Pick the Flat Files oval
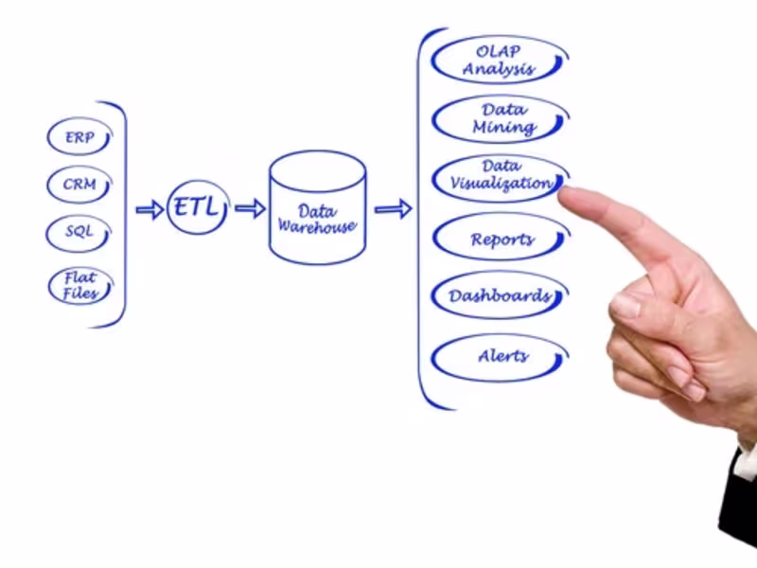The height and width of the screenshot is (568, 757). pyautogui.click(x=79, y=285)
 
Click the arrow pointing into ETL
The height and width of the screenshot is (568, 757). pyautogui.click(x=150, y=209)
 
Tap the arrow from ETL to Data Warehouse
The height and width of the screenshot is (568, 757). pyautogui.click(x=250, y=208)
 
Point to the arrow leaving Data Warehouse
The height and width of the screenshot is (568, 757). pyautogui.click(x=393, y=208)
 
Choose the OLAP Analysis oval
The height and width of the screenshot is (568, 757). pyautogui.click(x=500, y=60)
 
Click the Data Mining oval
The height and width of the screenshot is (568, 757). pyautogui.click(x=500, y=118)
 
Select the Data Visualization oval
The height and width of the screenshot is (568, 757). pyautogui.click(x=500, y=176)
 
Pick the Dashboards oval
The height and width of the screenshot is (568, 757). pyautogui.click(x=500, y=296)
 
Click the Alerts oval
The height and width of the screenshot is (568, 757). pyautogui.click(x=500, y=358)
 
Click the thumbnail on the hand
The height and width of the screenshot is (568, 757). pyautogui.click(x=625, y=306)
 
